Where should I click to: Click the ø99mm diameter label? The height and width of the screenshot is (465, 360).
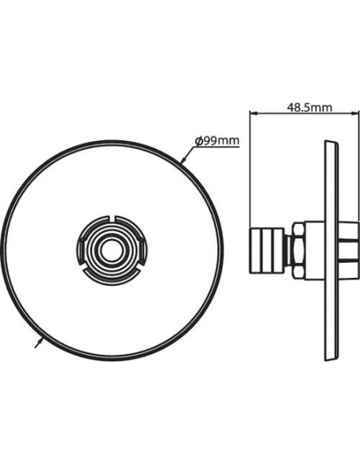(217, 142)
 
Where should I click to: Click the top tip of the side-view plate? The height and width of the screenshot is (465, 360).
(327, 144)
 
